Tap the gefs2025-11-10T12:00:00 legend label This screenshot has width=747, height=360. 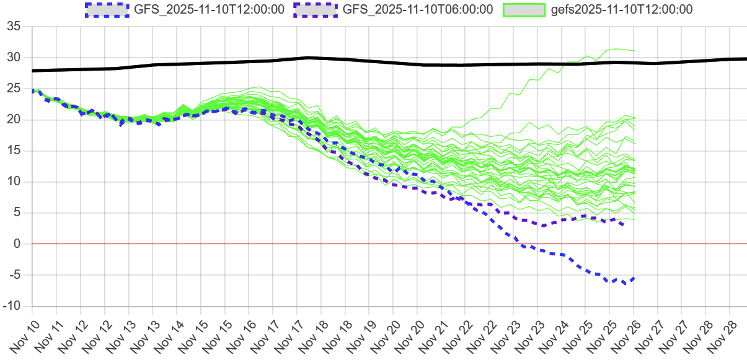click(622, 9)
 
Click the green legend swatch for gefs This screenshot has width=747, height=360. click(524, 9)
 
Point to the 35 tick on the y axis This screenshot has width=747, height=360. click(14, 27)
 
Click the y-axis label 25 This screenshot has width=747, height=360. click(14, 89)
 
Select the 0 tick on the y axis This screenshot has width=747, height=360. click(18, 244)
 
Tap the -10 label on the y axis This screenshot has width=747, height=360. click(11, 306)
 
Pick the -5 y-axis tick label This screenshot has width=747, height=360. click(14, 275)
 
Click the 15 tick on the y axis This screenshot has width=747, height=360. click(14, 151)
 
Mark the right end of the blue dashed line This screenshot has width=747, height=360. click(634, 278)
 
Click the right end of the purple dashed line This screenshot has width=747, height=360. click(622, 224)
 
